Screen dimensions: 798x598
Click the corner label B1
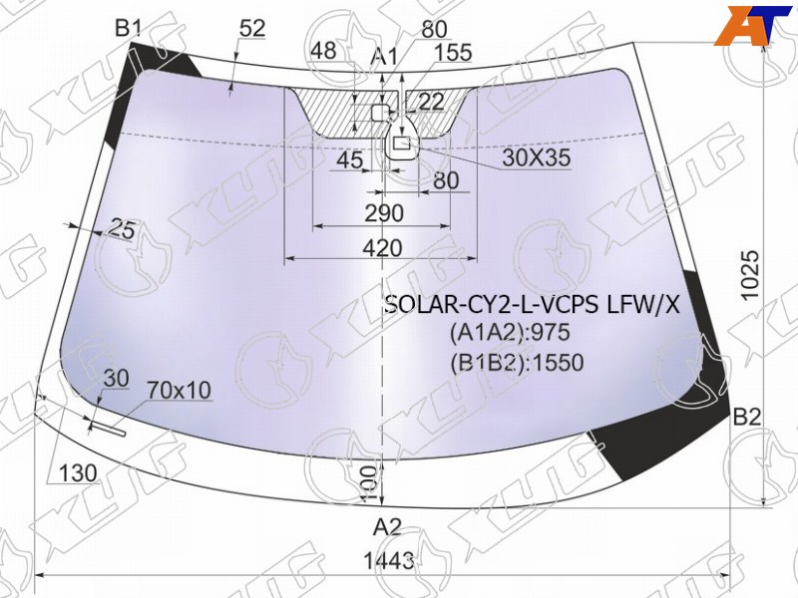(x=128, y=28)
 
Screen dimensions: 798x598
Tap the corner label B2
(x=746, y=417)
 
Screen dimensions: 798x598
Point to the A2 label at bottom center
(x=387, y=527)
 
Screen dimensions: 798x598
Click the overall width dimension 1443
(x=389, y=561)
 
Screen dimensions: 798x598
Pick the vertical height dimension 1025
(x=750, y=275)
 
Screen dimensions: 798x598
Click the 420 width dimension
(x=382, y=248)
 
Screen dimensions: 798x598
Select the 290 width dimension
(x=384, y=213)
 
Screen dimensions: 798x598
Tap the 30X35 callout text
(x=537, y=157)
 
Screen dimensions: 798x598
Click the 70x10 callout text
(x=179, y=391)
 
